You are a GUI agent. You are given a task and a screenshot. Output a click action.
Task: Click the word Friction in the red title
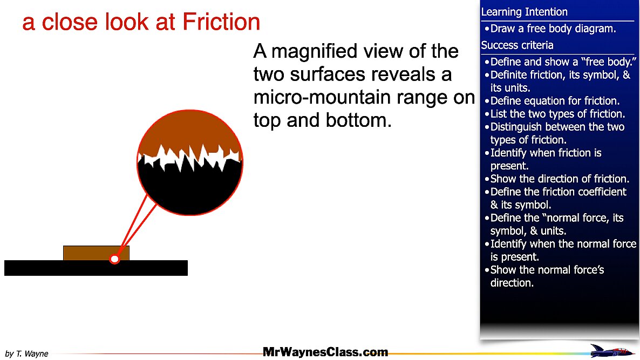click(221, 22)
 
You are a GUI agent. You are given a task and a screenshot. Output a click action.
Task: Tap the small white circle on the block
click(114, 260)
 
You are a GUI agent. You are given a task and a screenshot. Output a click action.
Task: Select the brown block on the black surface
click(86, 253)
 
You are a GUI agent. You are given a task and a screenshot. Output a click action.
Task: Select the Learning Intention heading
click(524, 12)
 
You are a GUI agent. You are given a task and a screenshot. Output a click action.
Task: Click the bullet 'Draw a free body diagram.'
click(553, 29)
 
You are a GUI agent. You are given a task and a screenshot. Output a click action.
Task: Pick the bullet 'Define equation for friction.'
click(555, 101)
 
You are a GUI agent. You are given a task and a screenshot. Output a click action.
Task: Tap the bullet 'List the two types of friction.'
click(557, 114)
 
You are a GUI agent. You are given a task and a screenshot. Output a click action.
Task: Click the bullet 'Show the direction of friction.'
click(559, 179)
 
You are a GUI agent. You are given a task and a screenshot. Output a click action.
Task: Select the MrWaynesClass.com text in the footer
click(325, 352)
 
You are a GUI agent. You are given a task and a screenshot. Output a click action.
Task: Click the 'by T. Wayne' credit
click(26, 354)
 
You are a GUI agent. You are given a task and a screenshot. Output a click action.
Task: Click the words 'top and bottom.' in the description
click(322, 120)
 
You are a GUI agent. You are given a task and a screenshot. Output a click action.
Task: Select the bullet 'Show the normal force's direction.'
click(547, 276)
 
